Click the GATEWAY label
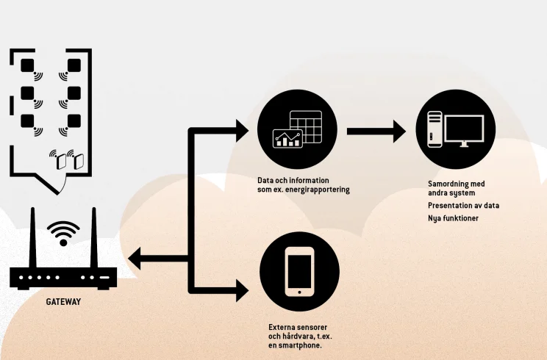tap(63, 301)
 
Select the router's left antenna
tap(32, 239)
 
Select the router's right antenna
tap(94, 239)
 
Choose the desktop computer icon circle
tap(451, 131)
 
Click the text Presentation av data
tap(463, 205)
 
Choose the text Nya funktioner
tap(453, 218)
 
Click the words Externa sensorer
tap(297, 326)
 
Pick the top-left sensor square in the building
tap(28, 65)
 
